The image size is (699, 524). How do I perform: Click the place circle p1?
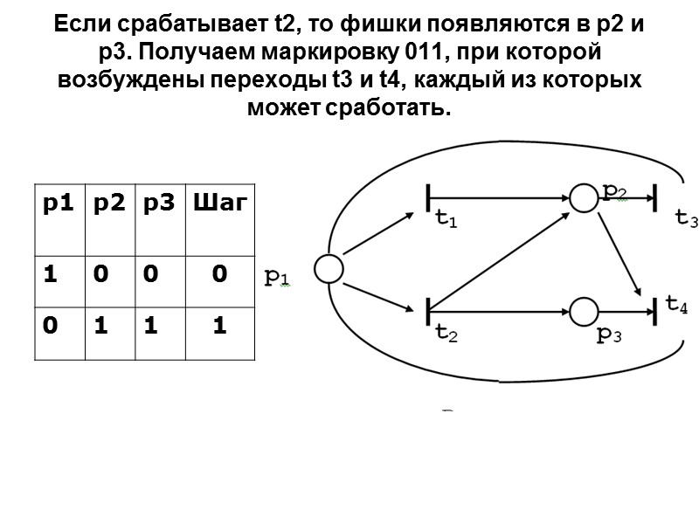pyautogui.click(x=329, y=269)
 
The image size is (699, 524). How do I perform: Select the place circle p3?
pyautogui.click(x=582, y=310)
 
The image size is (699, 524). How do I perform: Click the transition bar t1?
pyautogui.click(x=428, y=198)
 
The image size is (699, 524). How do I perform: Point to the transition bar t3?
pyautogui.click(x=654, y=197)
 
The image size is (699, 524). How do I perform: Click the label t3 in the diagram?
pyautogui.click(x=687, y=219)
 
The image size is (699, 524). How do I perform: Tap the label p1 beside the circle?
pyautogui.click(x=278, y=278)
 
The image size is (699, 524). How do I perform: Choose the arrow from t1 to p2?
pyautogui.click(x=498, y=198)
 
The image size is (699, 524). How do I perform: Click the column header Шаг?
pyautogui.click(x=218, y=204)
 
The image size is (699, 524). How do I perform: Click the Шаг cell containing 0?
pyautogui.click(x=218, y=274)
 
